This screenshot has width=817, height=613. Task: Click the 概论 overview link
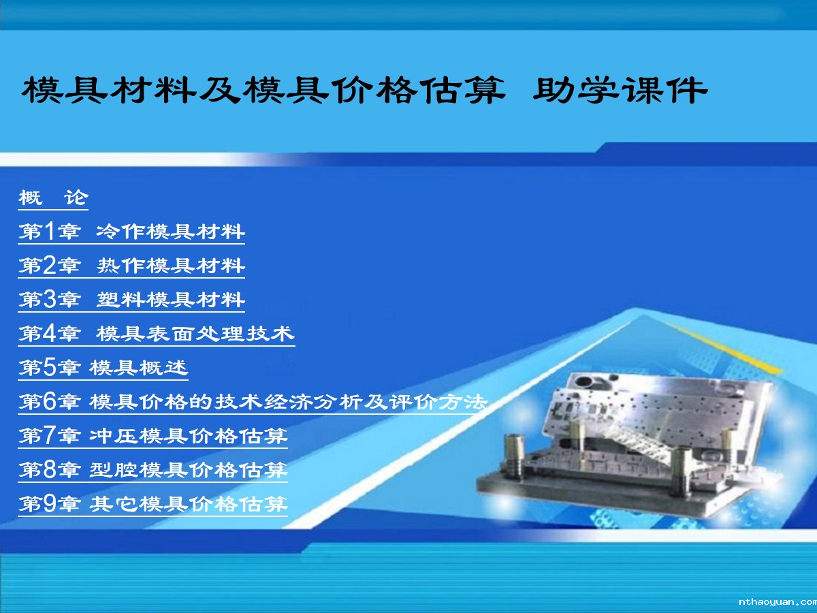tap(53, 198)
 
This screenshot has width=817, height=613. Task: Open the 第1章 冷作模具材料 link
tap(131, 232)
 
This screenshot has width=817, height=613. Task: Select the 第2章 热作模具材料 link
tap(131, 266)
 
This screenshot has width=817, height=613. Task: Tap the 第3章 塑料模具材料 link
tap(131, 300)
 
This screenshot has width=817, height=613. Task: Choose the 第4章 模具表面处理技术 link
tap(157, 334)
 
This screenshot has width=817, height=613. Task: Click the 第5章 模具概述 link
tap(103, 368)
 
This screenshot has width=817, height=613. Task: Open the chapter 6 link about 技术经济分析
tap(253, 402)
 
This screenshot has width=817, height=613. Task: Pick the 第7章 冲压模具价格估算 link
tap(153, 436)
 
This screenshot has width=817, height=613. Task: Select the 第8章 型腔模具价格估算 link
tap(153, 470)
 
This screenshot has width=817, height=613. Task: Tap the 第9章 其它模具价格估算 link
tap(153, 504)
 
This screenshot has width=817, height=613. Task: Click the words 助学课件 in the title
tap(620, 90)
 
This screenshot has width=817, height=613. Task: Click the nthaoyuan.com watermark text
tap(778, 602)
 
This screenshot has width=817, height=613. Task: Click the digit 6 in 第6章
tap(50, 402)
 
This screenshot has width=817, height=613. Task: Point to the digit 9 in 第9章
tap(50, 504)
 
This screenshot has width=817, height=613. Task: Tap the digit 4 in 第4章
tap(50, 334)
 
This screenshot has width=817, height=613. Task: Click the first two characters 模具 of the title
tap(65, 90)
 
